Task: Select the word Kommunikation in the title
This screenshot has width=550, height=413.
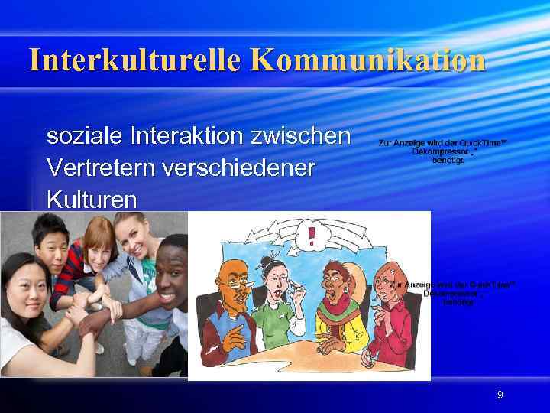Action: (367, 60)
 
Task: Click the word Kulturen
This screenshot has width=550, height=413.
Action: (92, 199)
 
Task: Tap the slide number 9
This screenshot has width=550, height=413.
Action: (500, 395)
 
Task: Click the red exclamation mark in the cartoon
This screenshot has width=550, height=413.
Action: (311, 236)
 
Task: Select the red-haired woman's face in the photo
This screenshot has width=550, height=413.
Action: (98, 243)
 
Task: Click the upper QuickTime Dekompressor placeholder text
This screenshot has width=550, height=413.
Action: (442, 151)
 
